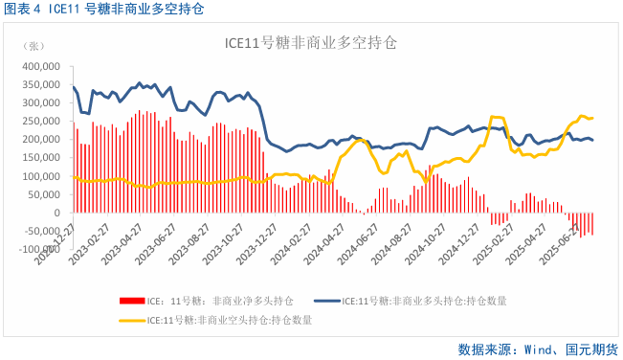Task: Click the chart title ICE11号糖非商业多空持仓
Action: click(x=310, y=44)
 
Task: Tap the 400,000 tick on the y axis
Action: click(x=39, y=67)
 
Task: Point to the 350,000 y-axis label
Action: click(x=39, y=85)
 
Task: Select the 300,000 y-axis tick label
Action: click(x=39, y=103)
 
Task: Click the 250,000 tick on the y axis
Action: click(x=39, y=122)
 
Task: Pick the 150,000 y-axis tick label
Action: click(x=39, y=158)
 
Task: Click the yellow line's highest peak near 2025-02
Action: click(x=495, y=117)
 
